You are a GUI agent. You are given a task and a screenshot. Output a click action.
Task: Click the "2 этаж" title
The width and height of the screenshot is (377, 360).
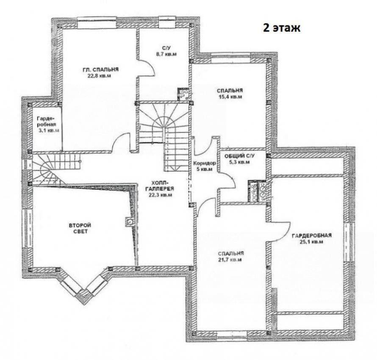(282, 28)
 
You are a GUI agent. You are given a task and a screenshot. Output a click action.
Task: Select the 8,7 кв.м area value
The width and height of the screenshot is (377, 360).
(166, 54)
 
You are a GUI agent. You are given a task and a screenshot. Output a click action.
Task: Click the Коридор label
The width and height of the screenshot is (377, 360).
(205, 163)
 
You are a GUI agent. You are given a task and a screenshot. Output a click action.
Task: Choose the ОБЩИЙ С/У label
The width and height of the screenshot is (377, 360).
(239, 156)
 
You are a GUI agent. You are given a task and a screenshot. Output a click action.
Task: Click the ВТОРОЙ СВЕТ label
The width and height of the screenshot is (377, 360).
(80, 228)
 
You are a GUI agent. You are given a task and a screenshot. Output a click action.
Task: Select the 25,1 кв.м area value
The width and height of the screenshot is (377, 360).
(311, 242)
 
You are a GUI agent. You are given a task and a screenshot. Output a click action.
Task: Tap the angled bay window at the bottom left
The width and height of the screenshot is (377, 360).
(83, 287)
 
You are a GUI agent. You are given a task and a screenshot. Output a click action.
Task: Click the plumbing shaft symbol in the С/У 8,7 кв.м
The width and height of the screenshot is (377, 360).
(183, 94)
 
